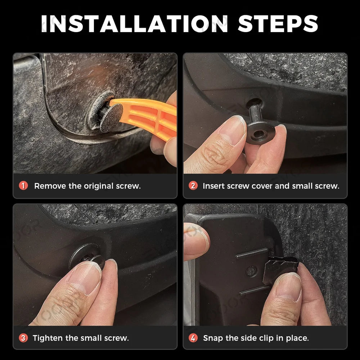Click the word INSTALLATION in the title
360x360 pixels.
click(x=135, y=24)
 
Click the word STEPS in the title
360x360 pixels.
click(x=278, y=24)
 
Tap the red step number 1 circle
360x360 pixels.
click(x=23, y=185)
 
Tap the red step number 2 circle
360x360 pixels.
click(x=193, y=185)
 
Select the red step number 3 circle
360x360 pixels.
click(x=23, y=338)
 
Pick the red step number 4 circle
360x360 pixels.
click(x=193, y=338)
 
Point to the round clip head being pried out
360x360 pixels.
click(x=111, y=118)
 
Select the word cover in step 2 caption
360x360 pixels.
click(x=262, y=186)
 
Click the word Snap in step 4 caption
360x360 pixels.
click(x=213, y=338)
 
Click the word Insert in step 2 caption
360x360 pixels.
click(x=213, y=186)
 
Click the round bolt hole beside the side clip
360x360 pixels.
click(x=252, y=271)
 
